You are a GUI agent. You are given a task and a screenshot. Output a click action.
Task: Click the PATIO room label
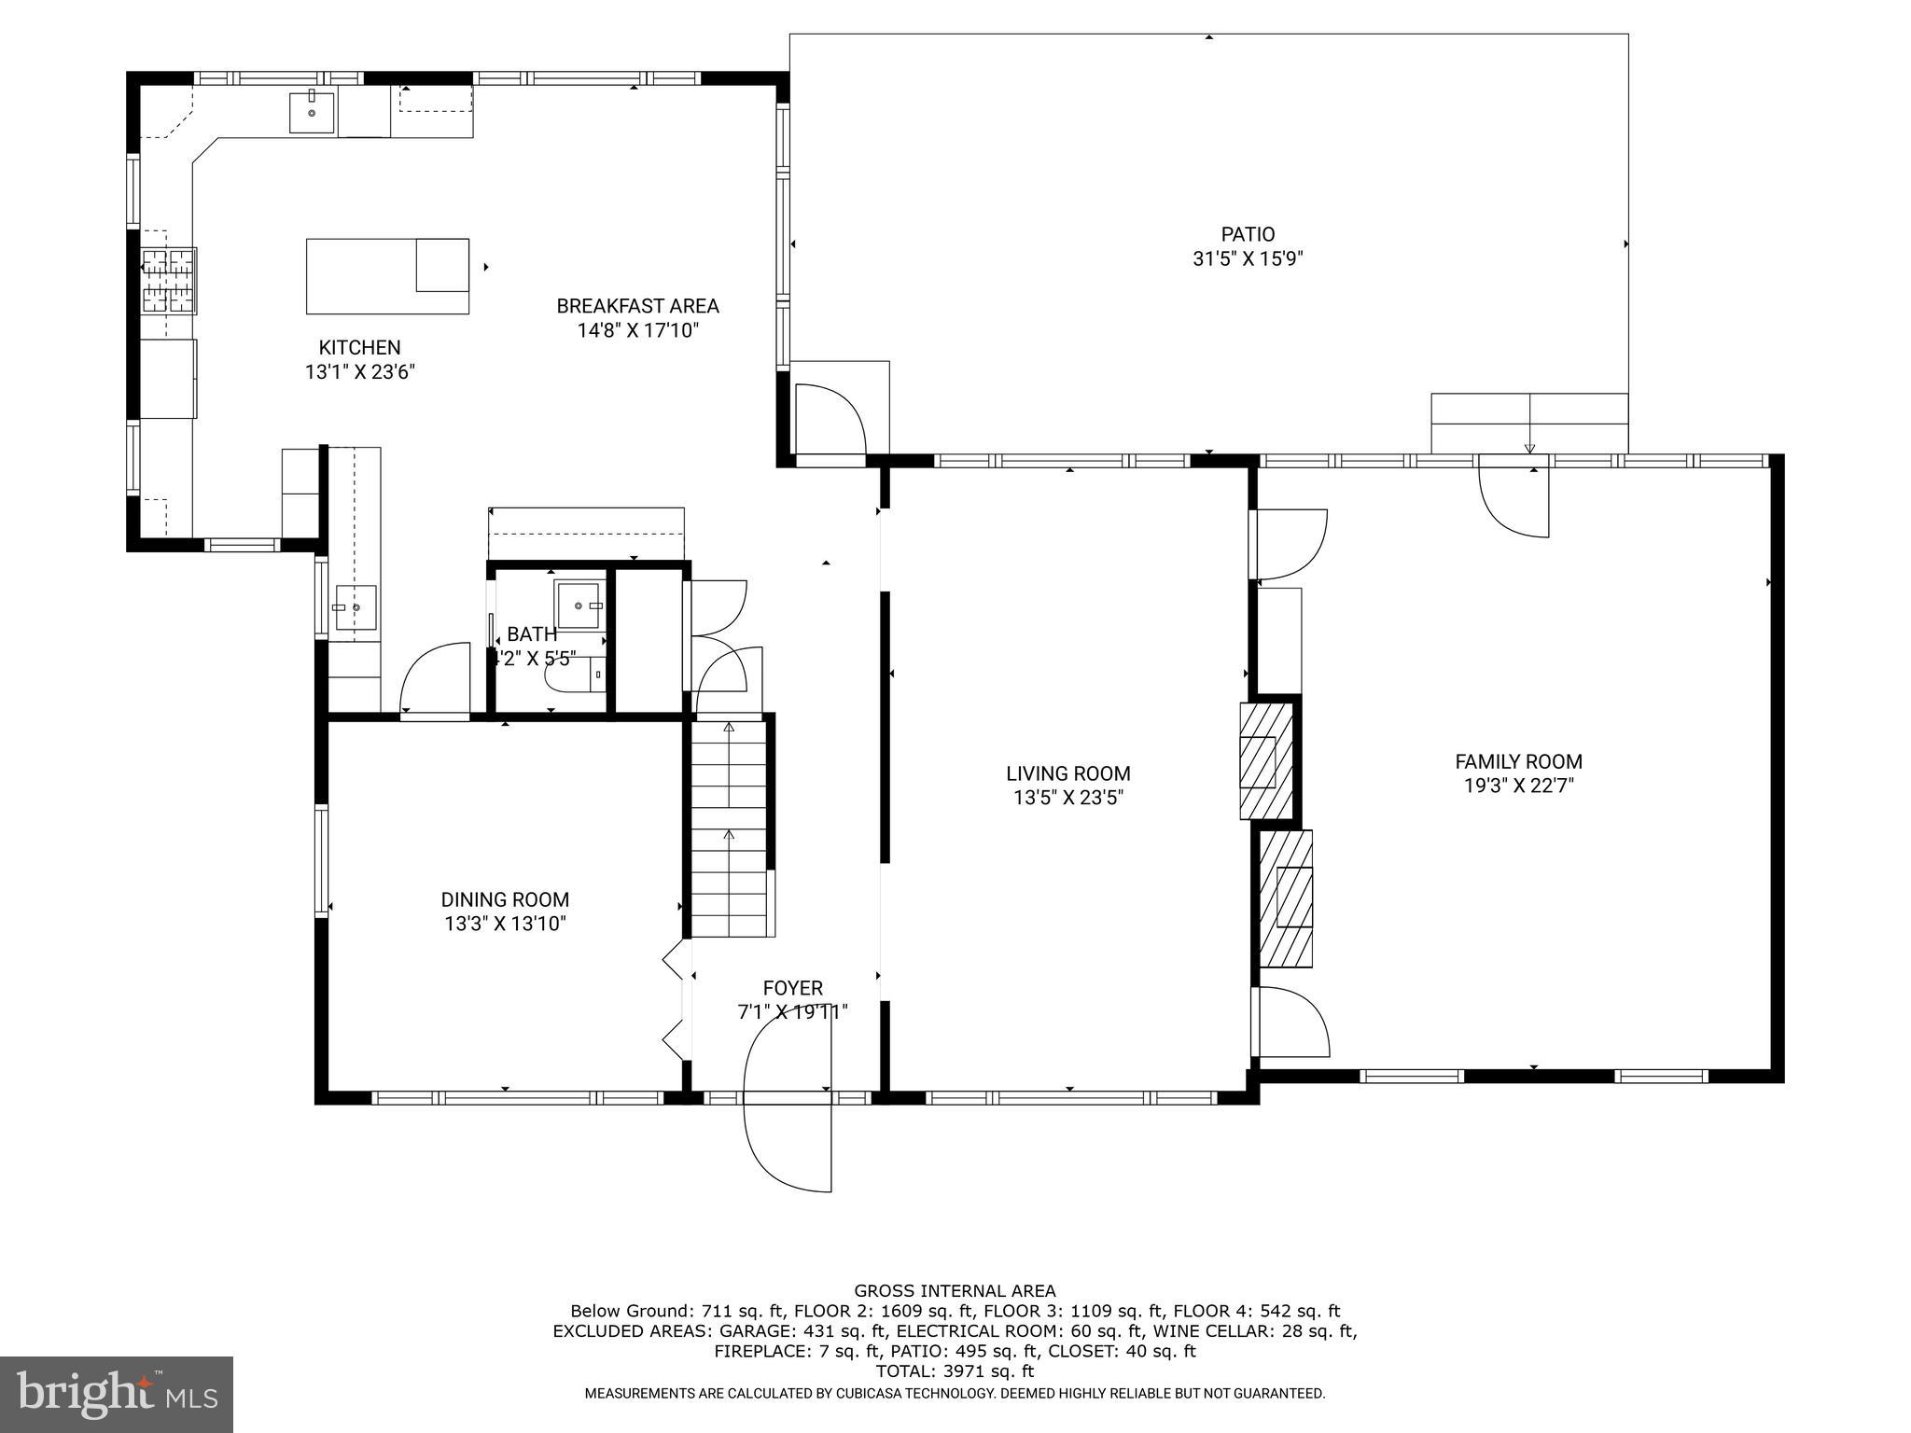pos(1247,234)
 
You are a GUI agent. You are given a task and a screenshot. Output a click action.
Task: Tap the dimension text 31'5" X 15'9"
pos(1247,258)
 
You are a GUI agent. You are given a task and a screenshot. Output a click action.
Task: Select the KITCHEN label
pos(359,347)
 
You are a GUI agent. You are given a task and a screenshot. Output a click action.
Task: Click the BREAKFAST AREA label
pos(637,306)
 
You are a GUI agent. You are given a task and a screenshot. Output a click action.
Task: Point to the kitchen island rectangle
pos(387,276)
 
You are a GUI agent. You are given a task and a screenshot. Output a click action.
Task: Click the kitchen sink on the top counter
pos(311,114)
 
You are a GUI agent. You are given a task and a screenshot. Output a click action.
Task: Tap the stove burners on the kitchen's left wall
pos(169,280)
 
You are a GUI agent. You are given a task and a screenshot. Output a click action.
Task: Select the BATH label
pos(532,635)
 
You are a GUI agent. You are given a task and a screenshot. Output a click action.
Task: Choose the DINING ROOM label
pos(505,899)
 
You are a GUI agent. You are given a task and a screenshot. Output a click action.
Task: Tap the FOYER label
pos(792,988)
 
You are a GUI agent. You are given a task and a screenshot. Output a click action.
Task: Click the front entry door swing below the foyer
pos(788,1143)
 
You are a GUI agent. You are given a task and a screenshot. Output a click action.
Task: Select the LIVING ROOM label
pos(1067,773)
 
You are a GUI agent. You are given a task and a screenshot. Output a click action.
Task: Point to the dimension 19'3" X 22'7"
pos(1518,786)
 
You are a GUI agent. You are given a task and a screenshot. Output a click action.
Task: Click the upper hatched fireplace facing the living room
pos(1265,761)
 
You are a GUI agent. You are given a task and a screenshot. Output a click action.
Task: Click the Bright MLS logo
pos(116,1394)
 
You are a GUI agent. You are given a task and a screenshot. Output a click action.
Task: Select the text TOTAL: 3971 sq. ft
pos(955,1371)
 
